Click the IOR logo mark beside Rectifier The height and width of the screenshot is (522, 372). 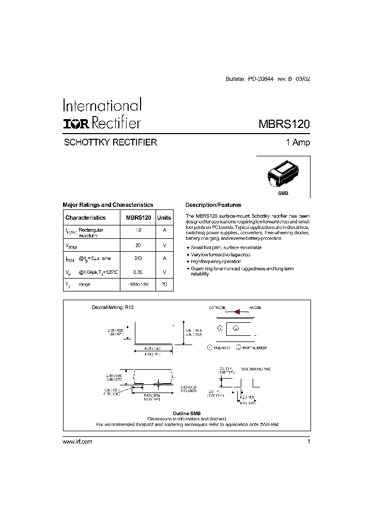(78, 123)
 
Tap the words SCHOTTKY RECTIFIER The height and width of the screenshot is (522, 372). (110, 143)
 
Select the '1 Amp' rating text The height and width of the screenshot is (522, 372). (298, 143)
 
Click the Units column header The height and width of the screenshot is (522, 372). (164, 218)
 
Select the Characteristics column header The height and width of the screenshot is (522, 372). (85, 218)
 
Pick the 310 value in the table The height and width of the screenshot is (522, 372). (138, 258)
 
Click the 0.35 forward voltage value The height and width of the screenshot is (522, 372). (138, 272)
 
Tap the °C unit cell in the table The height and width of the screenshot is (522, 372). (164, 285)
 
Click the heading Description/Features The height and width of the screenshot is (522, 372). (213, 205)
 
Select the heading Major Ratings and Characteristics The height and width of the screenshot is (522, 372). (107, 205)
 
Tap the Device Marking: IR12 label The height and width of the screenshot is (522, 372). (113, 307)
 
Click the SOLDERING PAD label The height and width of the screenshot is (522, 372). (259, 369)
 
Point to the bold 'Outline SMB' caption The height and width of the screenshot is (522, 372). (187, 414)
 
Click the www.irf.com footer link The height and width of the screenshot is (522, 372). (77, 442)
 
